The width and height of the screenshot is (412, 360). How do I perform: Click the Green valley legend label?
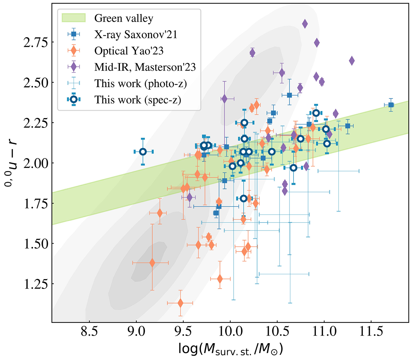[124, 18]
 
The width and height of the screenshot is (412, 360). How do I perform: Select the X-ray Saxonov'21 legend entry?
[136, 34]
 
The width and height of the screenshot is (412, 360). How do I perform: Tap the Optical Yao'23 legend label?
[129, 51]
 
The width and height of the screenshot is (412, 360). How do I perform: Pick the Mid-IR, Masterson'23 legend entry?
[145, 67]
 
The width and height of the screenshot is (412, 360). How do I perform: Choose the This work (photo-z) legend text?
[140, 83]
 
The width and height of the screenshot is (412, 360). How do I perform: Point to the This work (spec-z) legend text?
[138, 100]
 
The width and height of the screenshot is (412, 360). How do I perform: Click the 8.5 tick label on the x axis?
[89, 332]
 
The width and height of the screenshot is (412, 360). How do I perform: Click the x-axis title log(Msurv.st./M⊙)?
[230, 349]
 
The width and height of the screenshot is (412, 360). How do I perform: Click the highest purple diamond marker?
[305, 24]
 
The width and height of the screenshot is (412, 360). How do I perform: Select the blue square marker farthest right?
[391, 105]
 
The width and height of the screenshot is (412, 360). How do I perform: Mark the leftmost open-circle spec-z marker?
[143, 151]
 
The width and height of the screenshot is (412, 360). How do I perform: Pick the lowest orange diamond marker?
[180, 303]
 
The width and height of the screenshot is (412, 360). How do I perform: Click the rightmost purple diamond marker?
[352, 61]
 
